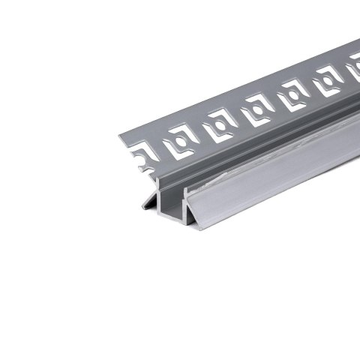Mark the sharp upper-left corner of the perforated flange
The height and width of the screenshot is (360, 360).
(x=119, y=135)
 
